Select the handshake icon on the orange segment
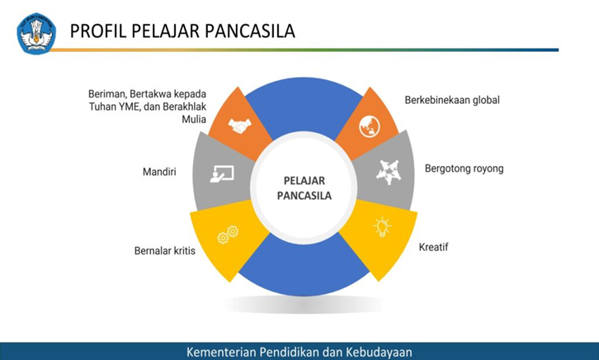coord(241,126)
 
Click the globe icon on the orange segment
coord(368,127)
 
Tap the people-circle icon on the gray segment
coord(388,172)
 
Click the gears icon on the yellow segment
coord(227,237)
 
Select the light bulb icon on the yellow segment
coord(382,227)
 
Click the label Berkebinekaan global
coord(452,100)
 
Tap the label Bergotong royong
coord(464,168)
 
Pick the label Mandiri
coord(159,173)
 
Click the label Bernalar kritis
coord(165,250)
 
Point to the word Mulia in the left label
coord(193,119)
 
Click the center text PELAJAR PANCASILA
coord(303,188)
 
